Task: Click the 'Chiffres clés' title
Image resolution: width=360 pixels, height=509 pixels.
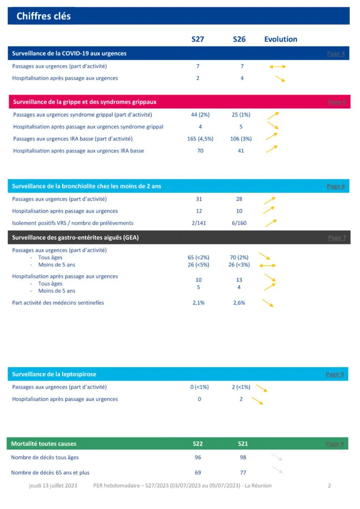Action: [x=43, y=16]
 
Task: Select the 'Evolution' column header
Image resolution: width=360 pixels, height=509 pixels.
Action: [x=281, y=39]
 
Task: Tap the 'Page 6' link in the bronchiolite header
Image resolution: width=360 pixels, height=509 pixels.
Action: [x=336, y=186]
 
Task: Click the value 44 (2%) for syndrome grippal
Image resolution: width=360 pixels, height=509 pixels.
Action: [x=198, y=115]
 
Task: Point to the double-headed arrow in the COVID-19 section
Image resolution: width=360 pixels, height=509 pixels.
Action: [x=278, y=67]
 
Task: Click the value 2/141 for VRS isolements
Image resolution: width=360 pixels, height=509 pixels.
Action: [x=199, y=223]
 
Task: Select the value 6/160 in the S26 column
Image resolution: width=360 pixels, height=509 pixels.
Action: [x=239, y=223]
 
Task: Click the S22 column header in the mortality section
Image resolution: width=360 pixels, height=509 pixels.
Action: [x=198, y=444]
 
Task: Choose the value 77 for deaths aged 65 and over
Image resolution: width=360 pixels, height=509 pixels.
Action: [x=243, y=473]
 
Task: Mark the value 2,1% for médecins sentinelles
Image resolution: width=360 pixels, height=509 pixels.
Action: [x=199, y=303]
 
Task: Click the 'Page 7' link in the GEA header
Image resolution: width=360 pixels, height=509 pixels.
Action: [x=337, y=238]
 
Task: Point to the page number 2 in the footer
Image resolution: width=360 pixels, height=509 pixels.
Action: [x=329, y=486]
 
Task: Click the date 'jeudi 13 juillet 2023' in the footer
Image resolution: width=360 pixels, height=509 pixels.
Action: [x=53, y=486]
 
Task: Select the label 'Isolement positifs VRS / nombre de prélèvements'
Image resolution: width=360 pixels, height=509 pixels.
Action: [x=73, y=223]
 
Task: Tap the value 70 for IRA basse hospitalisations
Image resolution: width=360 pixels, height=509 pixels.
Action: [x=200, y=151]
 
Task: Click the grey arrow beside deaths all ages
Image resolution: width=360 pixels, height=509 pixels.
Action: [x=276, y=458]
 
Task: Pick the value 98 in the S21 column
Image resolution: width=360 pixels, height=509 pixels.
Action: [x=243, y=458]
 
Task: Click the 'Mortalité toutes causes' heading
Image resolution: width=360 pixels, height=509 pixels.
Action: [x=44, y=444]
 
